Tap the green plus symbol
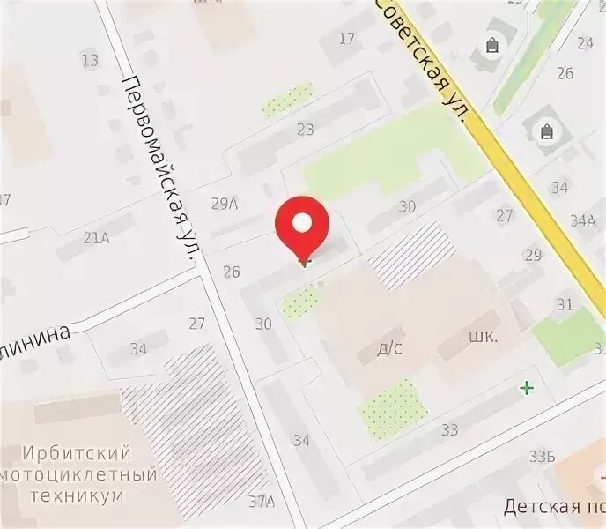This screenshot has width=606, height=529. [x=527, y=387]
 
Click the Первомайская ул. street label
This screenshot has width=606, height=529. [x=159, y=168]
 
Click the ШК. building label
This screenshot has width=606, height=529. [x=484, y=337]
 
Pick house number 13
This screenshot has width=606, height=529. [x=90, y=60]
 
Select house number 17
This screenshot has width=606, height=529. [x=346, y=38]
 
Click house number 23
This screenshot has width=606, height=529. [x=306, y=130]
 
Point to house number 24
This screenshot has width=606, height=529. [x=586, y=42]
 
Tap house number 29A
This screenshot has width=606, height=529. [x=225, y=205]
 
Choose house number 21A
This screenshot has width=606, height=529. [x=96, y=236]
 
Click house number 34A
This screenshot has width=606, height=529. [x=583, y=220]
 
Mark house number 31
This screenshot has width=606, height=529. [x=565, y=304]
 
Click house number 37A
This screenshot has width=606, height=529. [x=261, y=502]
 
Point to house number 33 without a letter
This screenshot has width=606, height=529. [x=449, y=429]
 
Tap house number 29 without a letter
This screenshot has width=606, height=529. [x=532, y=255]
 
